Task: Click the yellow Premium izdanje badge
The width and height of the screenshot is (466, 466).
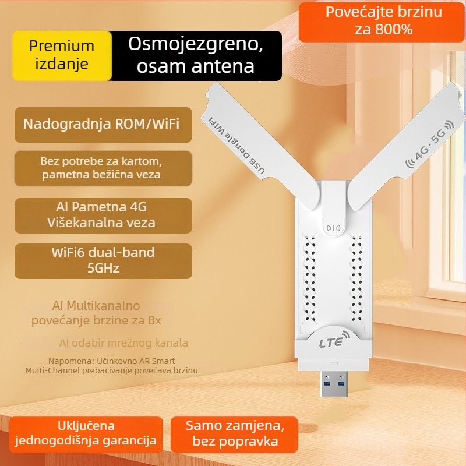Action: (x=62, y=55)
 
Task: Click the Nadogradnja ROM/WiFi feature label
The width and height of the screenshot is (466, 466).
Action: (x=103, y=124)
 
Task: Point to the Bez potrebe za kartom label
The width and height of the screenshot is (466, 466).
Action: (x=103, y=160)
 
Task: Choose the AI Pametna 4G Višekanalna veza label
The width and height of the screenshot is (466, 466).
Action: (x=103, y=215)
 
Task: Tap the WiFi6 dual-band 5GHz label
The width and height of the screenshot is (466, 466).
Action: (x=103, y=260)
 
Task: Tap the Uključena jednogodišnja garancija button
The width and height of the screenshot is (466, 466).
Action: (x=86, y=433)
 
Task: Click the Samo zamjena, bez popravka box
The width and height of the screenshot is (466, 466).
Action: (x=232, y=433)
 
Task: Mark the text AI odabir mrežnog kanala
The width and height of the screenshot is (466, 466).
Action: (x=123, y=343)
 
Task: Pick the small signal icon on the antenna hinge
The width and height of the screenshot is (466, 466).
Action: (x=334, y=228)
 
